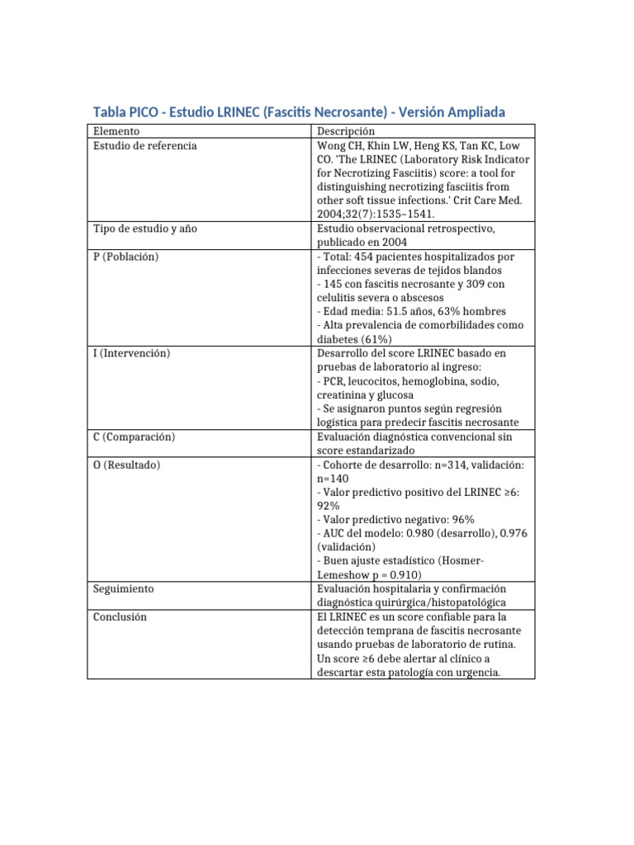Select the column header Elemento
[x=116, y=131]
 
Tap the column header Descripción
[x=346, y=131]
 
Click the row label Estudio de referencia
[x=144, y=145]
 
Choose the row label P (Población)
[x=125, y=257]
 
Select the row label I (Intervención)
[x=131, y=353]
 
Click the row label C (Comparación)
[x=134, y=437]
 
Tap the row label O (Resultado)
[x=126, y=465]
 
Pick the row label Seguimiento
[x=123, y=589]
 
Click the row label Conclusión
[x=120, y=616]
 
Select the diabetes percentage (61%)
[x=376, y=339]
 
